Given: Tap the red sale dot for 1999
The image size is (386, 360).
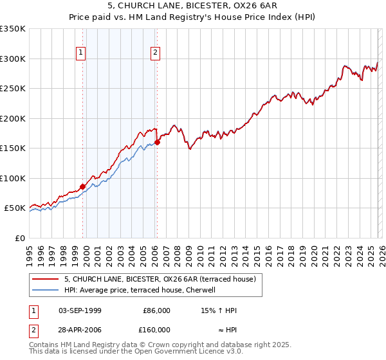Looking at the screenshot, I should pos(82,187).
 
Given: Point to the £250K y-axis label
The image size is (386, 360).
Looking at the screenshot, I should pos(13,89).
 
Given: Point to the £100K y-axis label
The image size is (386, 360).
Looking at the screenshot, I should pos(13,178).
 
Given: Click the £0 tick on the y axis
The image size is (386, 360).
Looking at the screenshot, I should pos(20,238).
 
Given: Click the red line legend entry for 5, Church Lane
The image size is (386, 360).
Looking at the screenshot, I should pos(160,279).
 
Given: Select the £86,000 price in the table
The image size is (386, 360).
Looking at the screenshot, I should pos(156,310).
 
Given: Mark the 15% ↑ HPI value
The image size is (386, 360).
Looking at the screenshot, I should pos(219,310).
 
